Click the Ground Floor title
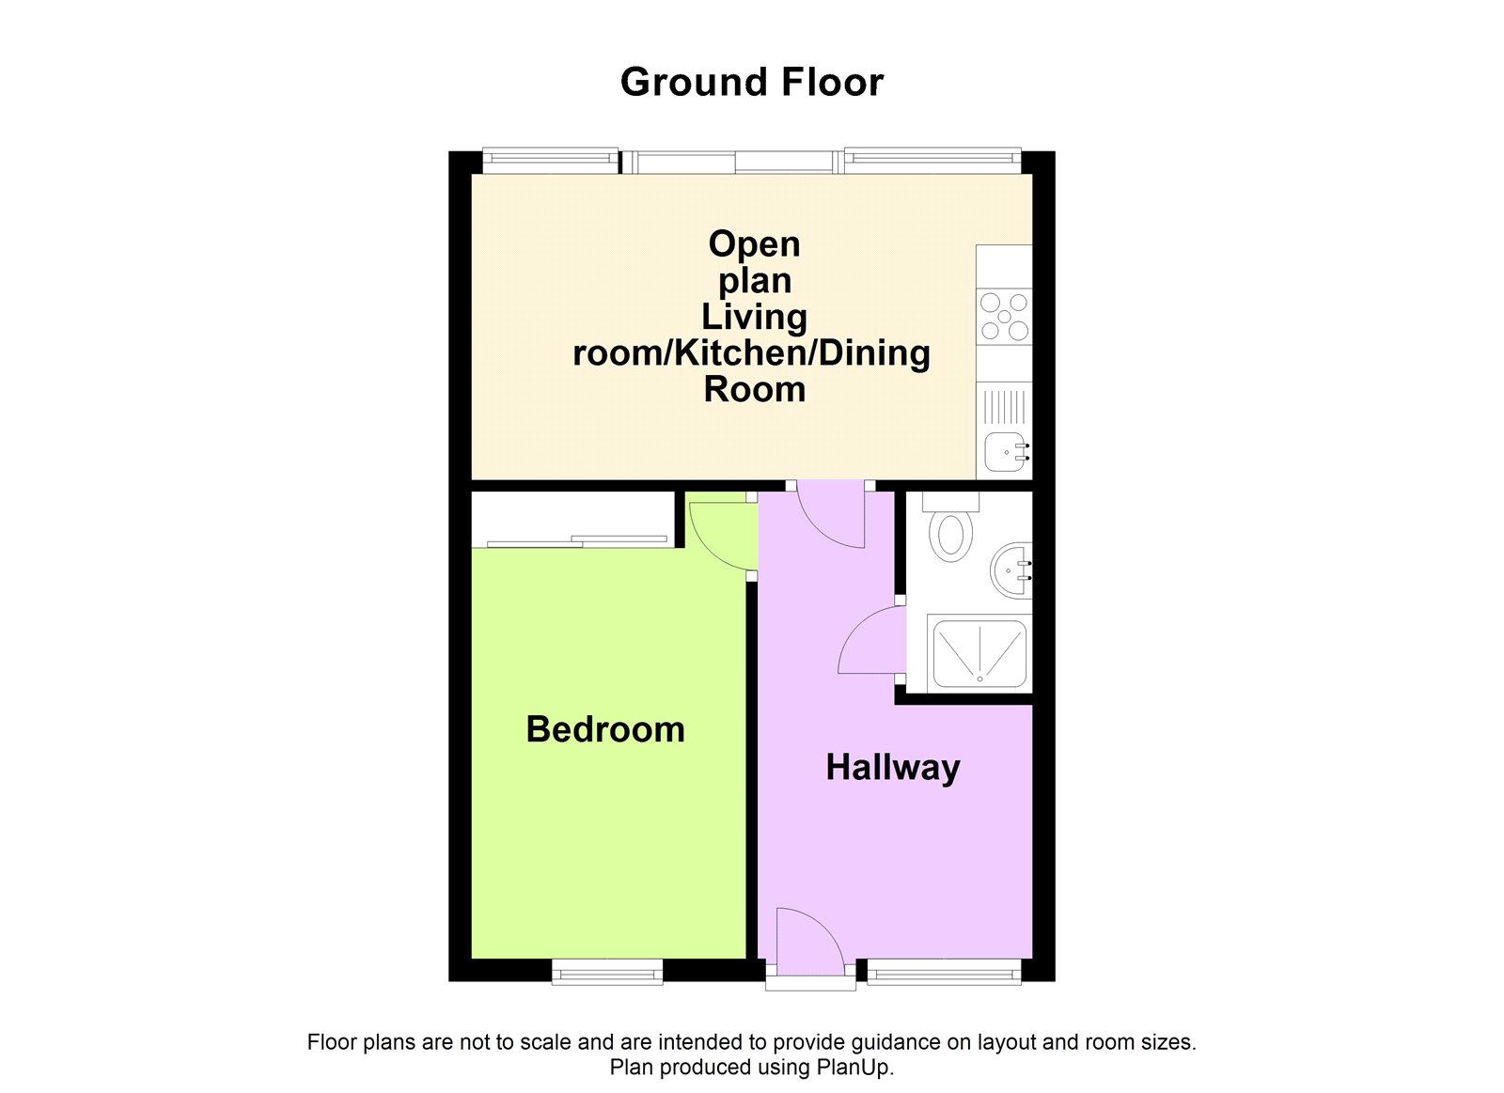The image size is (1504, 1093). click(751, 83)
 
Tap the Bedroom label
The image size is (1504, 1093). click(605, 729)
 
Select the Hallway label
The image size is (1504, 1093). click(893, 768)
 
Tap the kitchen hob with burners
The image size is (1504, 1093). click(1004, 317)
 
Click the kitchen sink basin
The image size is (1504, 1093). click(1007, 452)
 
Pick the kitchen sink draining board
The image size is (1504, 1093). click(1004, 407)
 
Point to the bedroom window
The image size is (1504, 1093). click(607, 972)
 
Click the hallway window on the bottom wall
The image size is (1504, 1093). click(944, 972)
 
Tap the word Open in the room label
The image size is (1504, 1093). click(754, 245)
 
